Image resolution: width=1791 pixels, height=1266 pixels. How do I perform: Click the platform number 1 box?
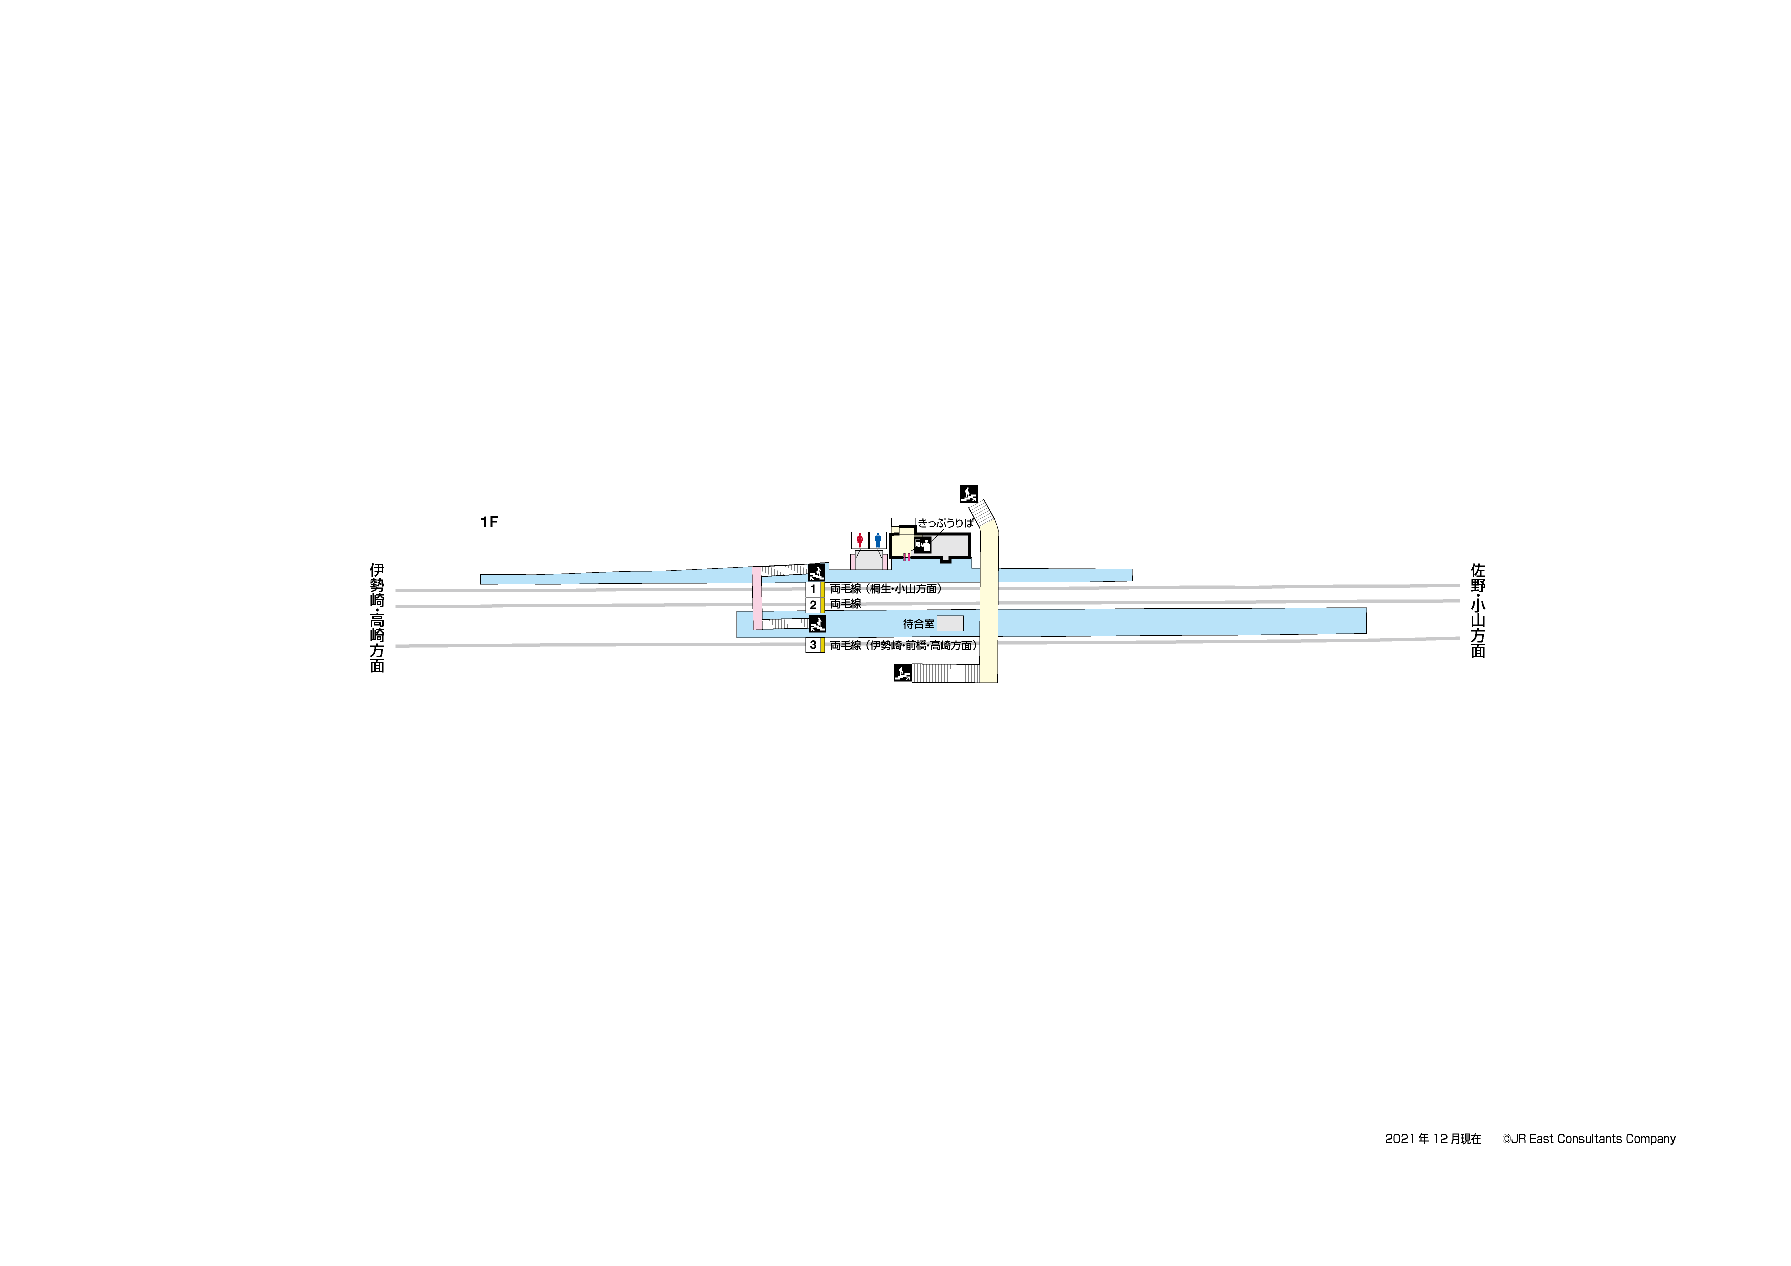coord(813,589)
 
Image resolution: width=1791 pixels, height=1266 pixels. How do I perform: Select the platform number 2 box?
coord(813,604)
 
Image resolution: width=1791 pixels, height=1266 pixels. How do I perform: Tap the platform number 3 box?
coord(813,645)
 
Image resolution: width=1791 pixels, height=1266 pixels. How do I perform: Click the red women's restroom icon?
coord(860,540)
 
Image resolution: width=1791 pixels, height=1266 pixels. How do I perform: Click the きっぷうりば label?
coord(945,523)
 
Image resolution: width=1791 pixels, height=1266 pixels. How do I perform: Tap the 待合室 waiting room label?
coord(918,624)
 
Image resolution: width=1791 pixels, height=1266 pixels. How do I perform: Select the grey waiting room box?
coord(950,623)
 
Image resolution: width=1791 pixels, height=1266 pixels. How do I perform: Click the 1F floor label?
coord(489,522)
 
